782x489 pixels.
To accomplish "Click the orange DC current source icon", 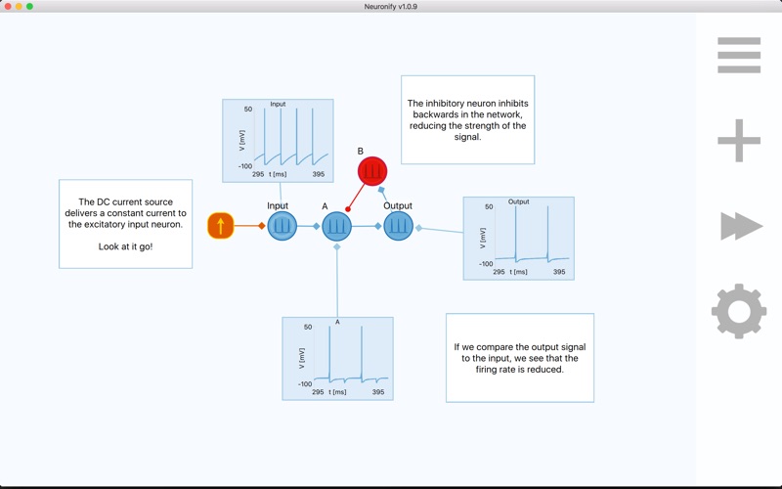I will [x=221, y=226].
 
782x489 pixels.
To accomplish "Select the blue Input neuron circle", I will [x=282, y=226].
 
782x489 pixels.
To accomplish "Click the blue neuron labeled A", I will [x=337, y=226].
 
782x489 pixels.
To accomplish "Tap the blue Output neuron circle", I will [x=398, y=226].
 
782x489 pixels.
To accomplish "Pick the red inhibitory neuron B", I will [x=372, y=172].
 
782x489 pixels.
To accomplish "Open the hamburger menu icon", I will [x=739, y=56].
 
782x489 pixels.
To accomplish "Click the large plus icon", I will [x=739, y=141].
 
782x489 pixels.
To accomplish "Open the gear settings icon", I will [x=739, y=311].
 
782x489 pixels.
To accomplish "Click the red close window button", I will [x=7, y=7].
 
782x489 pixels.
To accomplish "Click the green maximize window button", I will [x=30, y=7].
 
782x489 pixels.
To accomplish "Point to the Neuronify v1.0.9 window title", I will [x=391, y=7].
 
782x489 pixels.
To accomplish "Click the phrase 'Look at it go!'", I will [x=125, y=246].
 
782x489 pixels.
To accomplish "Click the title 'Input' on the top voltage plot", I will [x=278, y=104].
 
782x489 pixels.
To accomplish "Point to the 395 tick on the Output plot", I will [x=559, y=272].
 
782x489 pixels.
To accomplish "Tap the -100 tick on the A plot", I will [x=305, y=384].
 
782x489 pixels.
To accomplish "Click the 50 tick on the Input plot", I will [x=248, y=110].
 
